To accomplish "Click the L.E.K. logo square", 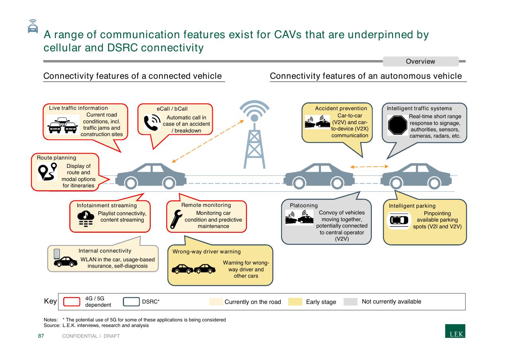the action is coord(455,331).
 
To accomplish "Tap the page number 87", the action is coord(41,336).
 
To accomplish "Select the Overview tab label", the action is coord(420,61).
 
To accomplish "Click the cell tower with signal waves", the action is coord(254,134).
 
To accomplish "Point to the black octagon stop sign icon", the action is coord(397,125).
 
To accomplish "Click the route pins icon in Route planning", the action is coord(47,171).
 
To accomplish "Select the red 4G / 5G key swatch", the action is coord(72,302).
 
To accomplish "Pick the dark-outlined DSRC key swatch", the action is coord(131,302).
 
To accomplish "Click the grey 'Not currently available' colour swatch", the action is coord(350,302).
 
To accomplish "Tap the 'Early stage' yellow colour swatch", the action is coord(295,302).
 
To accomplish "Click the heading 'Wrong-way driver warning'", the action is coord(206,251).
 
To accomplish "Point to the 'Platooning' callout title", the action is coord(304,205).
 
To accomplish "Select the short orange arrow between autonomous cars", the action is coord(369,167).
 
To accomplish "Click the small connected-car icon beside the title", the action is coord(33,26).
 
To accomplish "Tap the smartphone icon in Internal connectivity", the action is coord(57,254).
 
